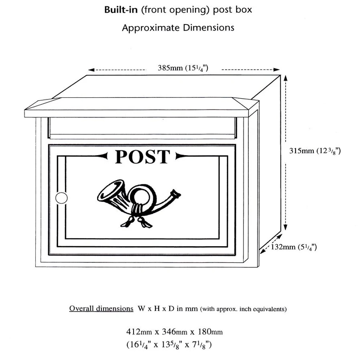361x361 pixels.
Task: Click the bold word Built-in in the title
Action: click(121, 10)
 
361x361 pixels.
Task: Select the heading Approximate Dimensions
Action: click(178, 28)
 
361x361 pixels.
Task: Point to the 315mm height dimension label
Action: click(315, 151)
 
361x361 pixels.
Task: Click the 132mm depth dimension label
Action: click(294, 247)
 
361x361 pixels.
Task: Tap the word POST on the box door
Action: click(142, 156)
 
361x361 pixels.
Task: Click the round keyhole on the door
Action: click(61, 198)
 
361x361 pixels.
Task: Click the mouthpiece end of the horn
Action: click(175, 194)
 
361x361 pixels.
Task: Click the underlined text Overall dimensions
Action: click(101, 309)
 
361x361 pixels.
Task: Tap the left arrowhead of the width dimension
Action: click(91, 70)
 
